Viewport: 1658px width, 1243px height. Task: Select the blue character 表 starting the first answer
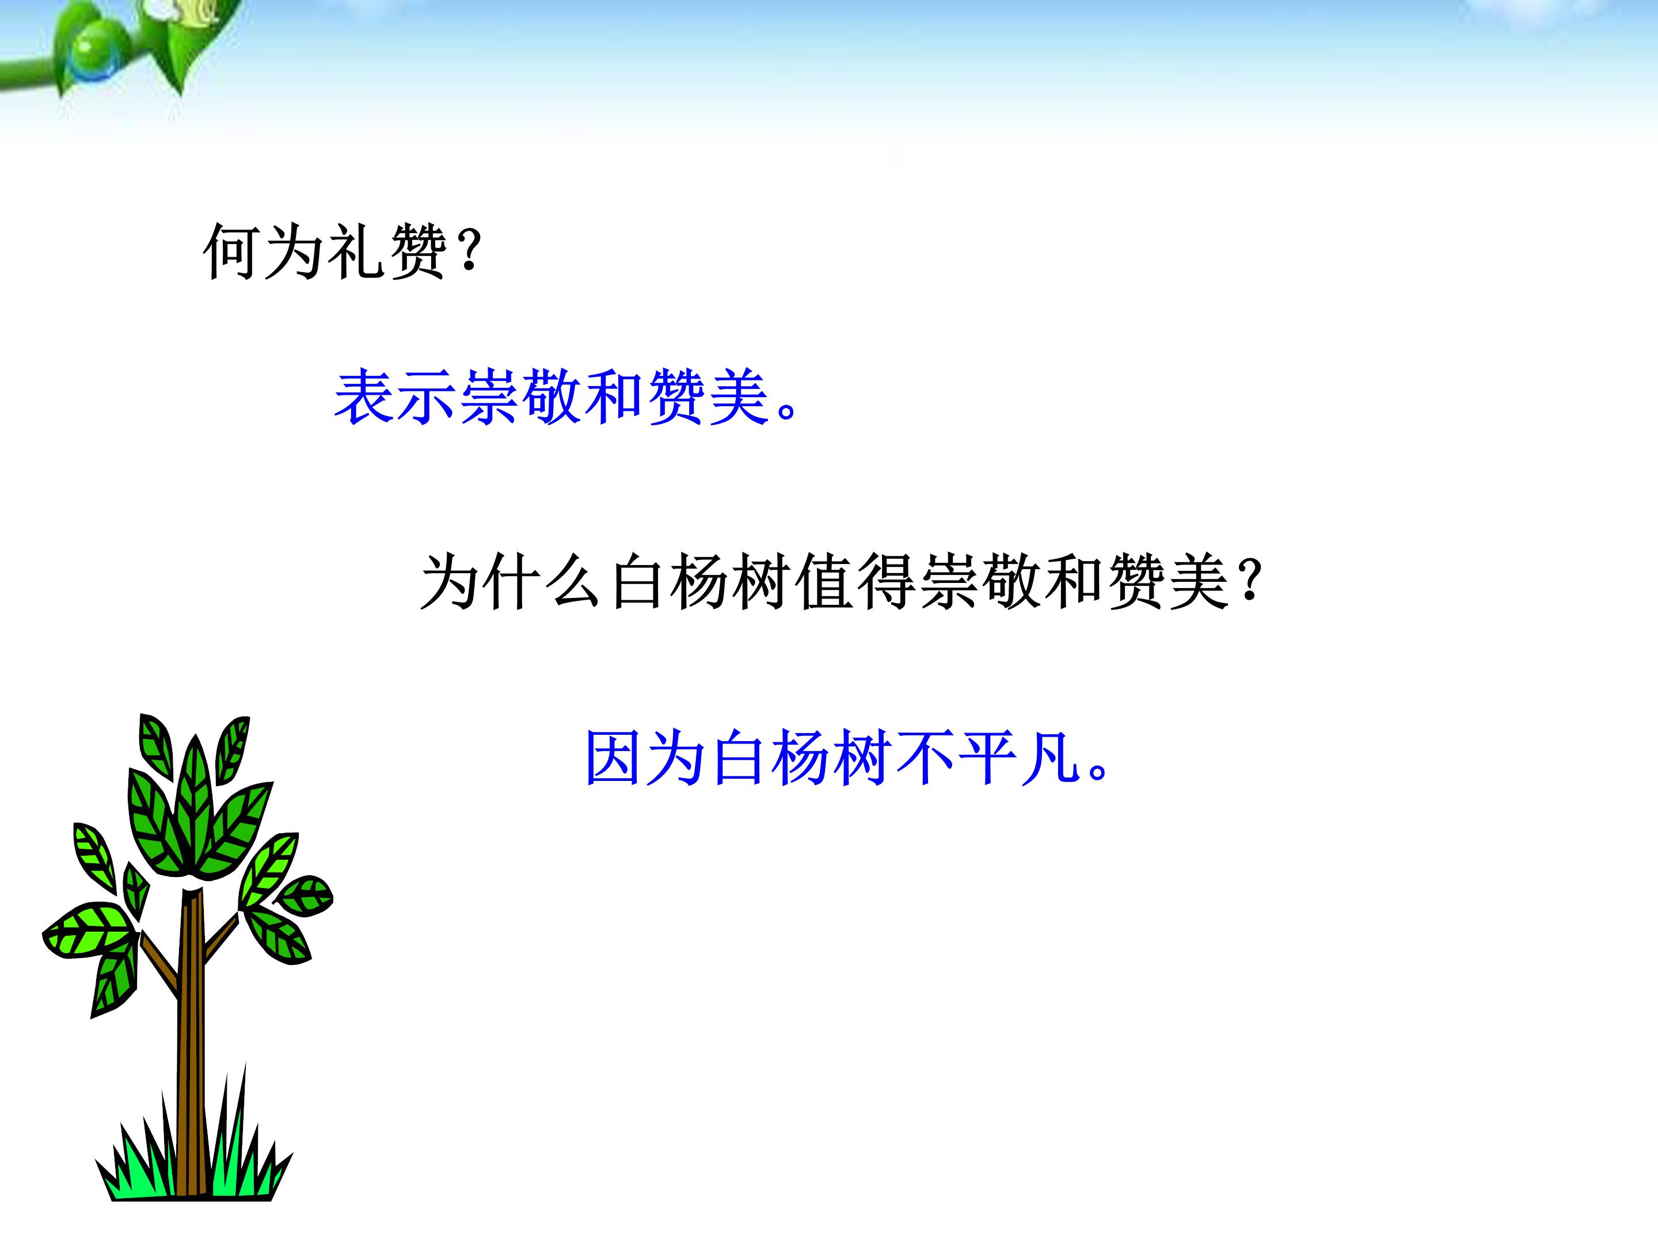click(x=364, y=397)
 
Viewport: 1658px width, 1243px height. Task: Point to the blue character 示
click(x=427, y=397)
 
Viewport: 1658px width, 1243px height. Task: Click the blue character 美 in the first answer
click(x=740, y=397)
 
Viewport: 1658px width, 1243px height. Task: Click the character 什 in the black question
click(x=512, y=581)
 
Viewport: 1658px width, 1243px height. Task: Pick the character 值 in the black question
click(x=824, y=581)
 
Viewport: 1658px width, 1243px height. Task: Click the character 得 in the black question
click(x=887, y=581)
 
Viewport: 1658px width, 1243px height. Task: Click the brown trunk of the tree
click(x=192, y=1049)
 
